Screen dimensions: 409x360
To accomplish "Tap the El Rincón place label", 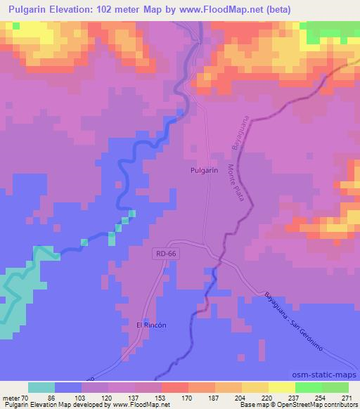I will click(150, 326).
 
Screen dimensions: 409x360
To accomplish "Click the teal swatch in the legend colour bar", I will click(41, 387).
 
